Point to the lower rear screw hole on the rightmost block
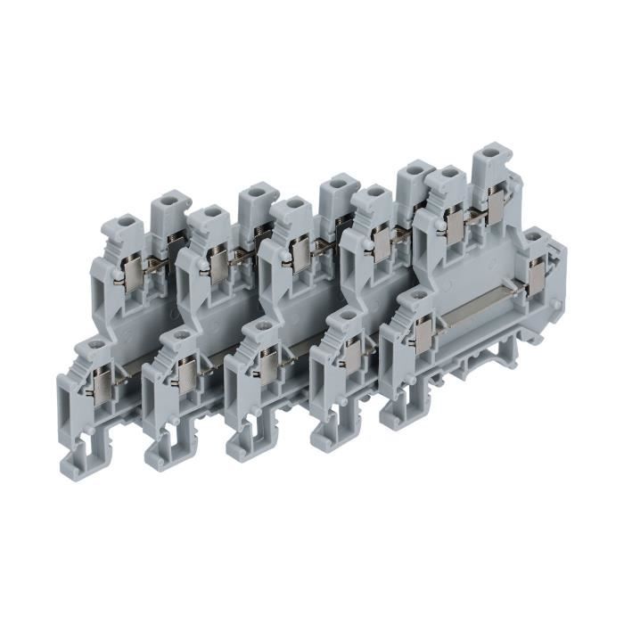pyautogui.click(x=535, y=237)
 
